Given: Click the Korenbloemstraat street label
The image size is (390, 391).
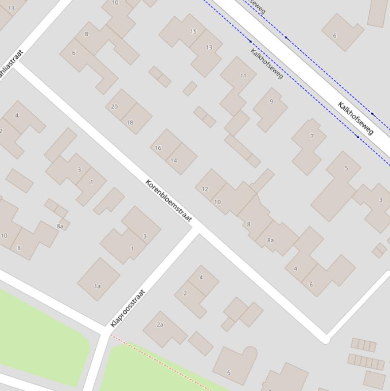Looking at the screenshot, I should click(x=168, y=201).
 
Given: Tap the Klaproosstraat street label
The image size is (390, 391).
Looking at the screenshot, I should click(x=128, y=308).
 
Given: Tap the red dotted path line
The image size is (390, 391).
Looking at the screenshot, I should click(x=162, y=362).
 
